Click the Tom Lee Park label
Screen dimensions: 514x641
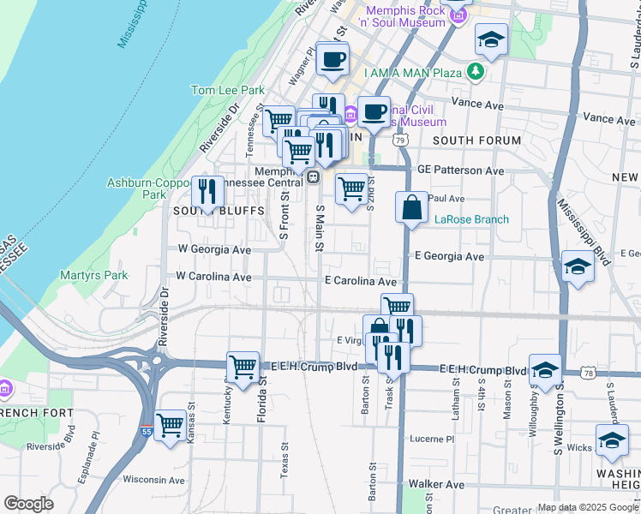point(228,90)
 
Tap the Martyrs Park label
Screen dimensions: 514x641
point(94,275)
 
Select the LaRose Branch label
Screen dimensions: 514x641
point(471,219)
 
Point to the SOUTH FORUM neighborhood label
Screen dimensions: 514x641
point(476,140)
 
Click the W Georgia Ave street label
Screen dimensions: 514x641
point(214,249)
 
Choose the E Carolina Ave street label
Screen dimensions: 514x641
point(360,281)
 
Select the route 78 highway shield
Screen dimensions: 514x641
point(586,374)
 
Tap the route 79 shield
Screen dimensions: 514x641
point(399,140)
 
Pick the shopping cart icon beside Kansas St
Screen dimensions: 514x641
point(171,423)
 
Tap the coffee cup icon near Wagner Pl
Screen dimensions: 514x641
point(332,59)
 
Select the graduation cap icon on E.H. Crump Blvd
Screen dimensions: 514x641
point(545,370)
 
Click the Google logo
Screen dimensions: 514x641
point(29,503)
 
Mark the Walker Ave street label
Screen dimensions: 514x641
point(430,485)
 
